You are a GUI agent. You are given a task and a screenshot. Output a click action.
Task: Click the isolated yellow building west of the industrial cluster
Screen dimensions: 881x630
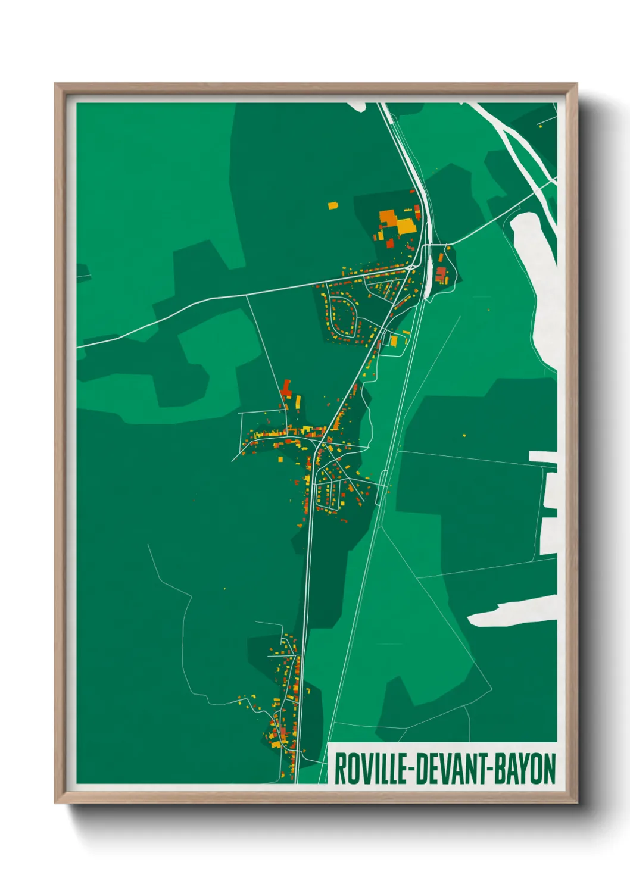tap(332, 206)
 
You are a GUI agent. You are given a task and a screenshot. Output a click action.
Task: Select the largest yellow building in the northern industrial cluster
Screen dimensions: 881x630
tap(406, 226)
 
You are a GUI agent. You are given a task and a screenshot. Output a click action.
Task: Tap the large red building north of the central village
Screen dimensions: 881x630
tap(286, 389)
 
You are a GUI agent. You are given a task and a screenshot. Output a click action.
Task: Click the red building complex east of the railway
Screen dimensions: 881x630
tap(441, 274)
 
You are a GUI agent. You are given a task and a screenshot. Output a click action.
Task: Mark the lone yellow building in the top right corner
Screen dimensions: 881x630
tap(540, 126)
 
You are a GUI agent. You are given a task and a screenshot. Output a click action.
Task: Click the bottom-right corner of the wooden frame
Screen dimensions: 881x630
tap(576, 802)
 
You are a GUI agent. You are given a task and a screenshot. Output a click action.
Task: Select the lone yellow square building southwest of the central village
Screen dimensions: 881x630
tap(280, 459)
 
